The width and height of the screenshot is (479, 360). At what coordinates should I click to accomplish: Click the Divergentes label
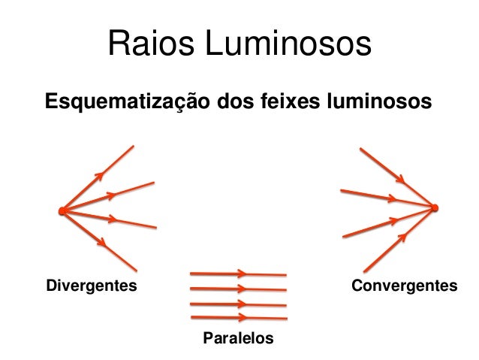92,286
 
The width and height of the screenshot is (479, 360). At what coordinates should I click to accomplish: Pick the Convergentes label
404,286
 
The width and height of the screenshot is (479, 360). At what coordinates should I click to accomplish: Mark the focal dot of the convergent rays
435,207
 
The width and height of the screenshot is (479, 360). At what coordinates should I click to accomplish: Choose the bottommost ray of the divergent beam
113,251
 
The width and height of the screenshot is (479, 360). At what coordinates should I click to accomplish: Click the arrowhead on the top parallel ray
243,274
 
